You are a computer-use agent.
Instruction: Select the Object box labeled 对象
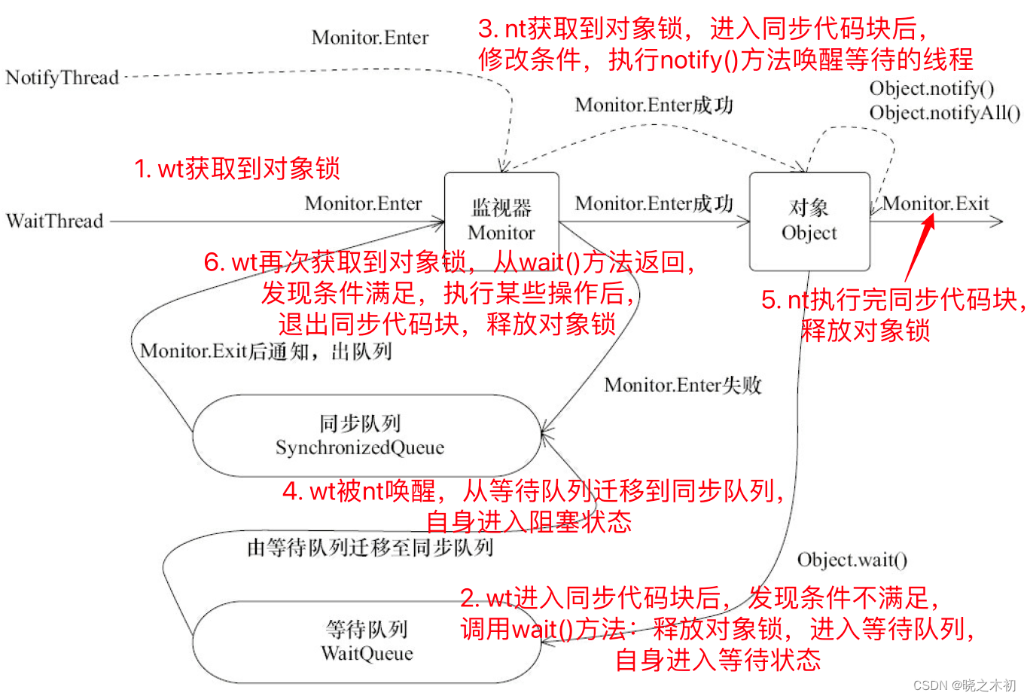pyautogui.click(x=809, y=220)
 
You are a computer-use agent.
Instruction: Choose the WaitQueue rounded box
pyautogui.click(x=367, y=642)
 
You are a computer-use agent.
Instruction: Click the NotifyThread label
pyautogui.click(x=62, y=78)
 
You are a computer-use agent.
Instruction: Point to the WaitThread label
pyautogui.click(x=55, y=221)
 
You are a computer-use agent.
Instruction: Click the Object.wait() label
pyautogui.click(x=852, y=560)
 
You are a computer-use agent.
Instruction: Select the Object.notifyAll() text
pyautogui.click(x=945, y=113)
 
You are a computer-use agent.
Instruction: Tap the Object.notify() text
pyautogui.click(x=931, y=89)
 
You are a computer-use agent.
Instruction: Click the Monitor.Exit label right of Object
pyautogui.click(x=936, y=203)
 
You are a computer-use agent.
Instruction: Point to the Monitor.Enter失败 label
pyautogui.click(x=683, y=386)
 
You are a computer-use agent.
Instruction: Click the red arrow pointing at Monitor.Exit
pyautogui.click(x=920, y=249)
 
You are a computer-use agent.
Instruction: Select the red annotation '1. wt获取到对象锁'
pyautogui.click(x=237, y=168)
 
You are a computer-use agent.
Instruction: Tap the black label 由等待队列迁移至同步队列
pyautogui.click(x=370, y=548)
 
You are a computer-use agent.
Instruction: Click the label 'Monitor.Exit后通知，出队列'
pyautogui.click(x=266, y=351)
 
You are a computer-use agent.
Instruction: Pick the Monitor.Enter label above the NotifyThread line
pyautogui.click(x=370, y=38)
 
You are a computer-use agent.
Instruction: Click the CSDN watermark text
pyautogui.click(x=965, y=685)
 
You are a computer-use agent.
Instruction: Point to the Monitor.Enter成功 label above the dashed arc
pyautogui.click(x=654, y=105)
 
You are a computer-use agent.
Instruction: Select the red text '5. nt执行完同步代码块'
pyautogui.click(x=892, y=300)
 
